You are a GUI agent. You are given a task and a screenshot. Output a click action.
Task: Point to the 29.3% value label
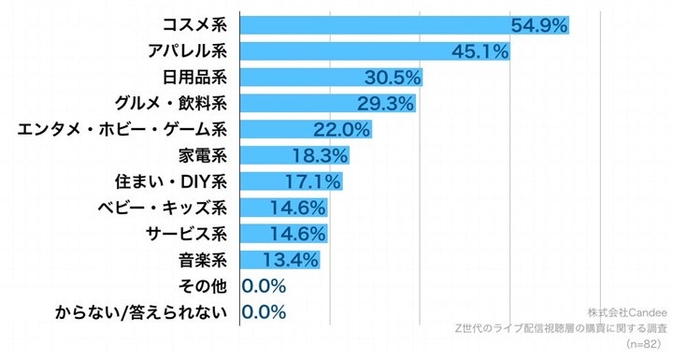click(385, 103)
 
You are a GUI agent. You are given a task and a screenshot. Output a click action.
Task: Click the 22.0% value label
click(341, 129)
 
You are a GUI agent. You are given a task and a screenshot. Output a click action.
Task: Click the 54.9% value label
click(537, 25)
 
